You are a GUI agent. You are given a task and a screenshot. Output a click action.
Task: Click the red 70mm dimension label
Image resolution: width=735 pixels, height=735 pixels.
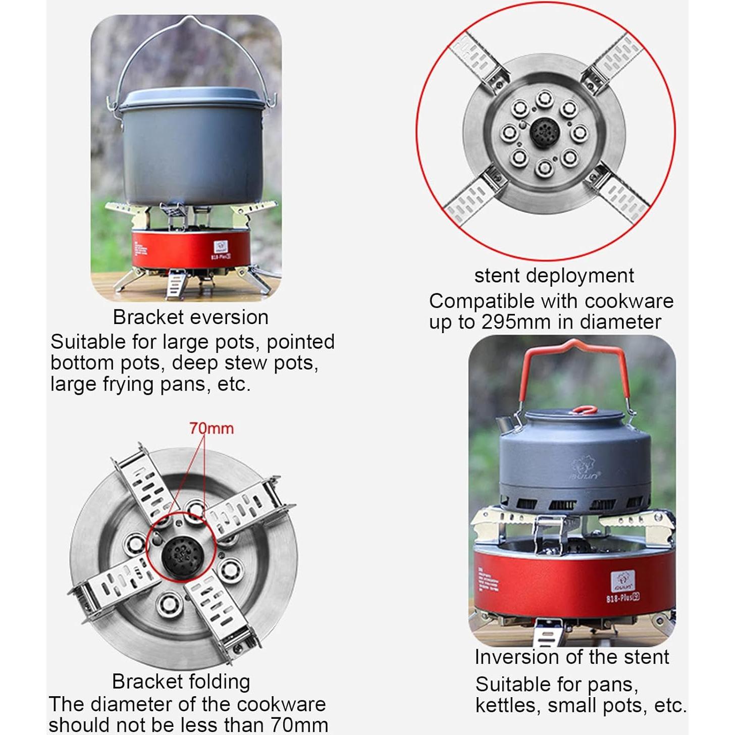pos(212,429)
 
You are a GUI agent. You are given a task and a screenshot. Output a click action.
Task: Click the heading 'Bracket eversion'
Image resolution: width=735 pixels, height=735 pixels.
pos(190,318)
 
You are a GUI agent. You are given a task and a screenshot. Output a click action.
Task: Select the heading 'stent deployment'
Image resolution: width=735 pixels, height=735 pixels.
pos(554,276)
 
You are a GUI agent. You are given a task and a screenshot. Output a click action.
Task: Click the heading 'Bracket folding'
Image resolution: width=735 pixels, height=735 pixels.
pos(181,681)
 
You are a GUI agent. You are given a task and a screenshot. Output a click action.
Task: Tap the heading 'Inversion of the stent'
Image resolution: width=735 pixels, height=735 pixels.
pos(571,657)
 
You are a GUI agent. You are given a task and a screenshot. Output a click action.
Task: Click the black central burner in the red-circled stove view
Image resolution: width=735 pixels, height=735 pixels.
pos(544,133)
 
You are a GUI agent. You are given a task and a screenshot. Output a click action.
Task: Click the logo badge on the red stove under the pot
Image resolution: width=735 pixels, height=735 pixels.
pos(221,247)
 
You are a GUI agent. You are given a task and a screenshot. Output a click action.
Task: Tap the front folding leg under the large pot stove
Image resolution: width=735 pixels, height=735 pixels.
pos(176,284)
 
